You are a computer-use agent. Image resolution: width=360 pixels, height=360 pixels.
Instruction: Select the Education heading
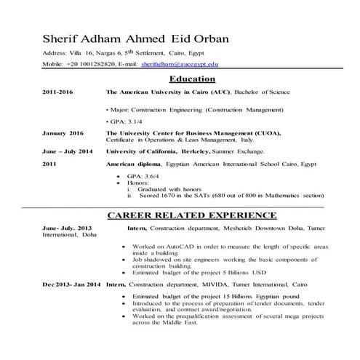click(191, 79)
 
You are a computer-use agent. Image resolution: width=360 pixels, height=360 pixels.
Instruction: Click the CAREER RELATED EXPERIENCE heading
click(191, 215)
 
